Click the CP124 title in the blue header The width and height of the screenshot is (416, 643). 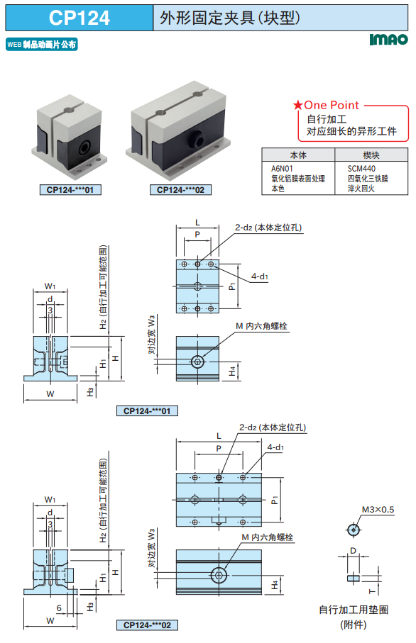(x=80, y=18)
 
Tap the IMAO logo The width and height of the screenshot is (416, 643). (x=388, y=40)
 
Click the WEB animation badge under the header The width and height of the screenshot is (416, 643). (x=42, y=44)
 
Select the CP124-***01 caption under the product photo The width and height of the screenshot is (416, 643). (x=70, y=190)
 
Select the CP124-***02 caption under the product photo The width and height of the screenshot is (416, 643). (x=181, y=190)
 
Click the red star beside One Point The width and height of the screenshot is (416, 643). (x=297, y=106)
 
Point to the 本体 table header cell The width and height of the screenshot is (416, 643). (x=298, y=155)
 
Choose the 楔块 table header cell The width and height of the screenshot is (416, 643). (x=371, y=155)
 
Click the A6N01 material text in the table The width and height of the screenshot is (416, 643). (x=282, y=169)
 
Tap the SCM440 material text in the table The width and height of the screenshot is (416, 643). (x=361, y=169)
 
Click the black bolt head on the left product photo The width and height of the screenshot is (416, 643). (x=85, y=147)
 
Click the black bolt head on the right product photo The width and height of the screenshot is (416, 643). (x=197, y=139)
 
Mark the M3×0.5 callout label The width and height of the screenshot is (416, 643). (x=378, y=510)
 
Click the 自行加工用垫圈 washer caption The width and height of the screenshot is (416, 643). (x=354, y=610)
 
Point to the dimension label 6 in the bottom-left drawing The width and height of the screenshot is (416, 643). (x=59, y=608)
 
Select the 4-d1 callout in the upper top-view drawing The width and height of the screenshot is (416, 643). (x=260, y=276)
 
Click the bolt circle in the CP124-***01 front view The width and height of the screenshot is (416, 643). (x=197, y=362)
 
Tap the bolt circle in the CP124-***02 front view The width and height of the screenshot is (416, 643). (x=219, y=575)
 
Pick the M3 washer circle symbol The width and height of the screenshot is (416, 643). (x=353, y=530)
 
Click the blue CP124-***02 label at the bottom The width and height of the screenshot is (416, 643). (x=147, y=625)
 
